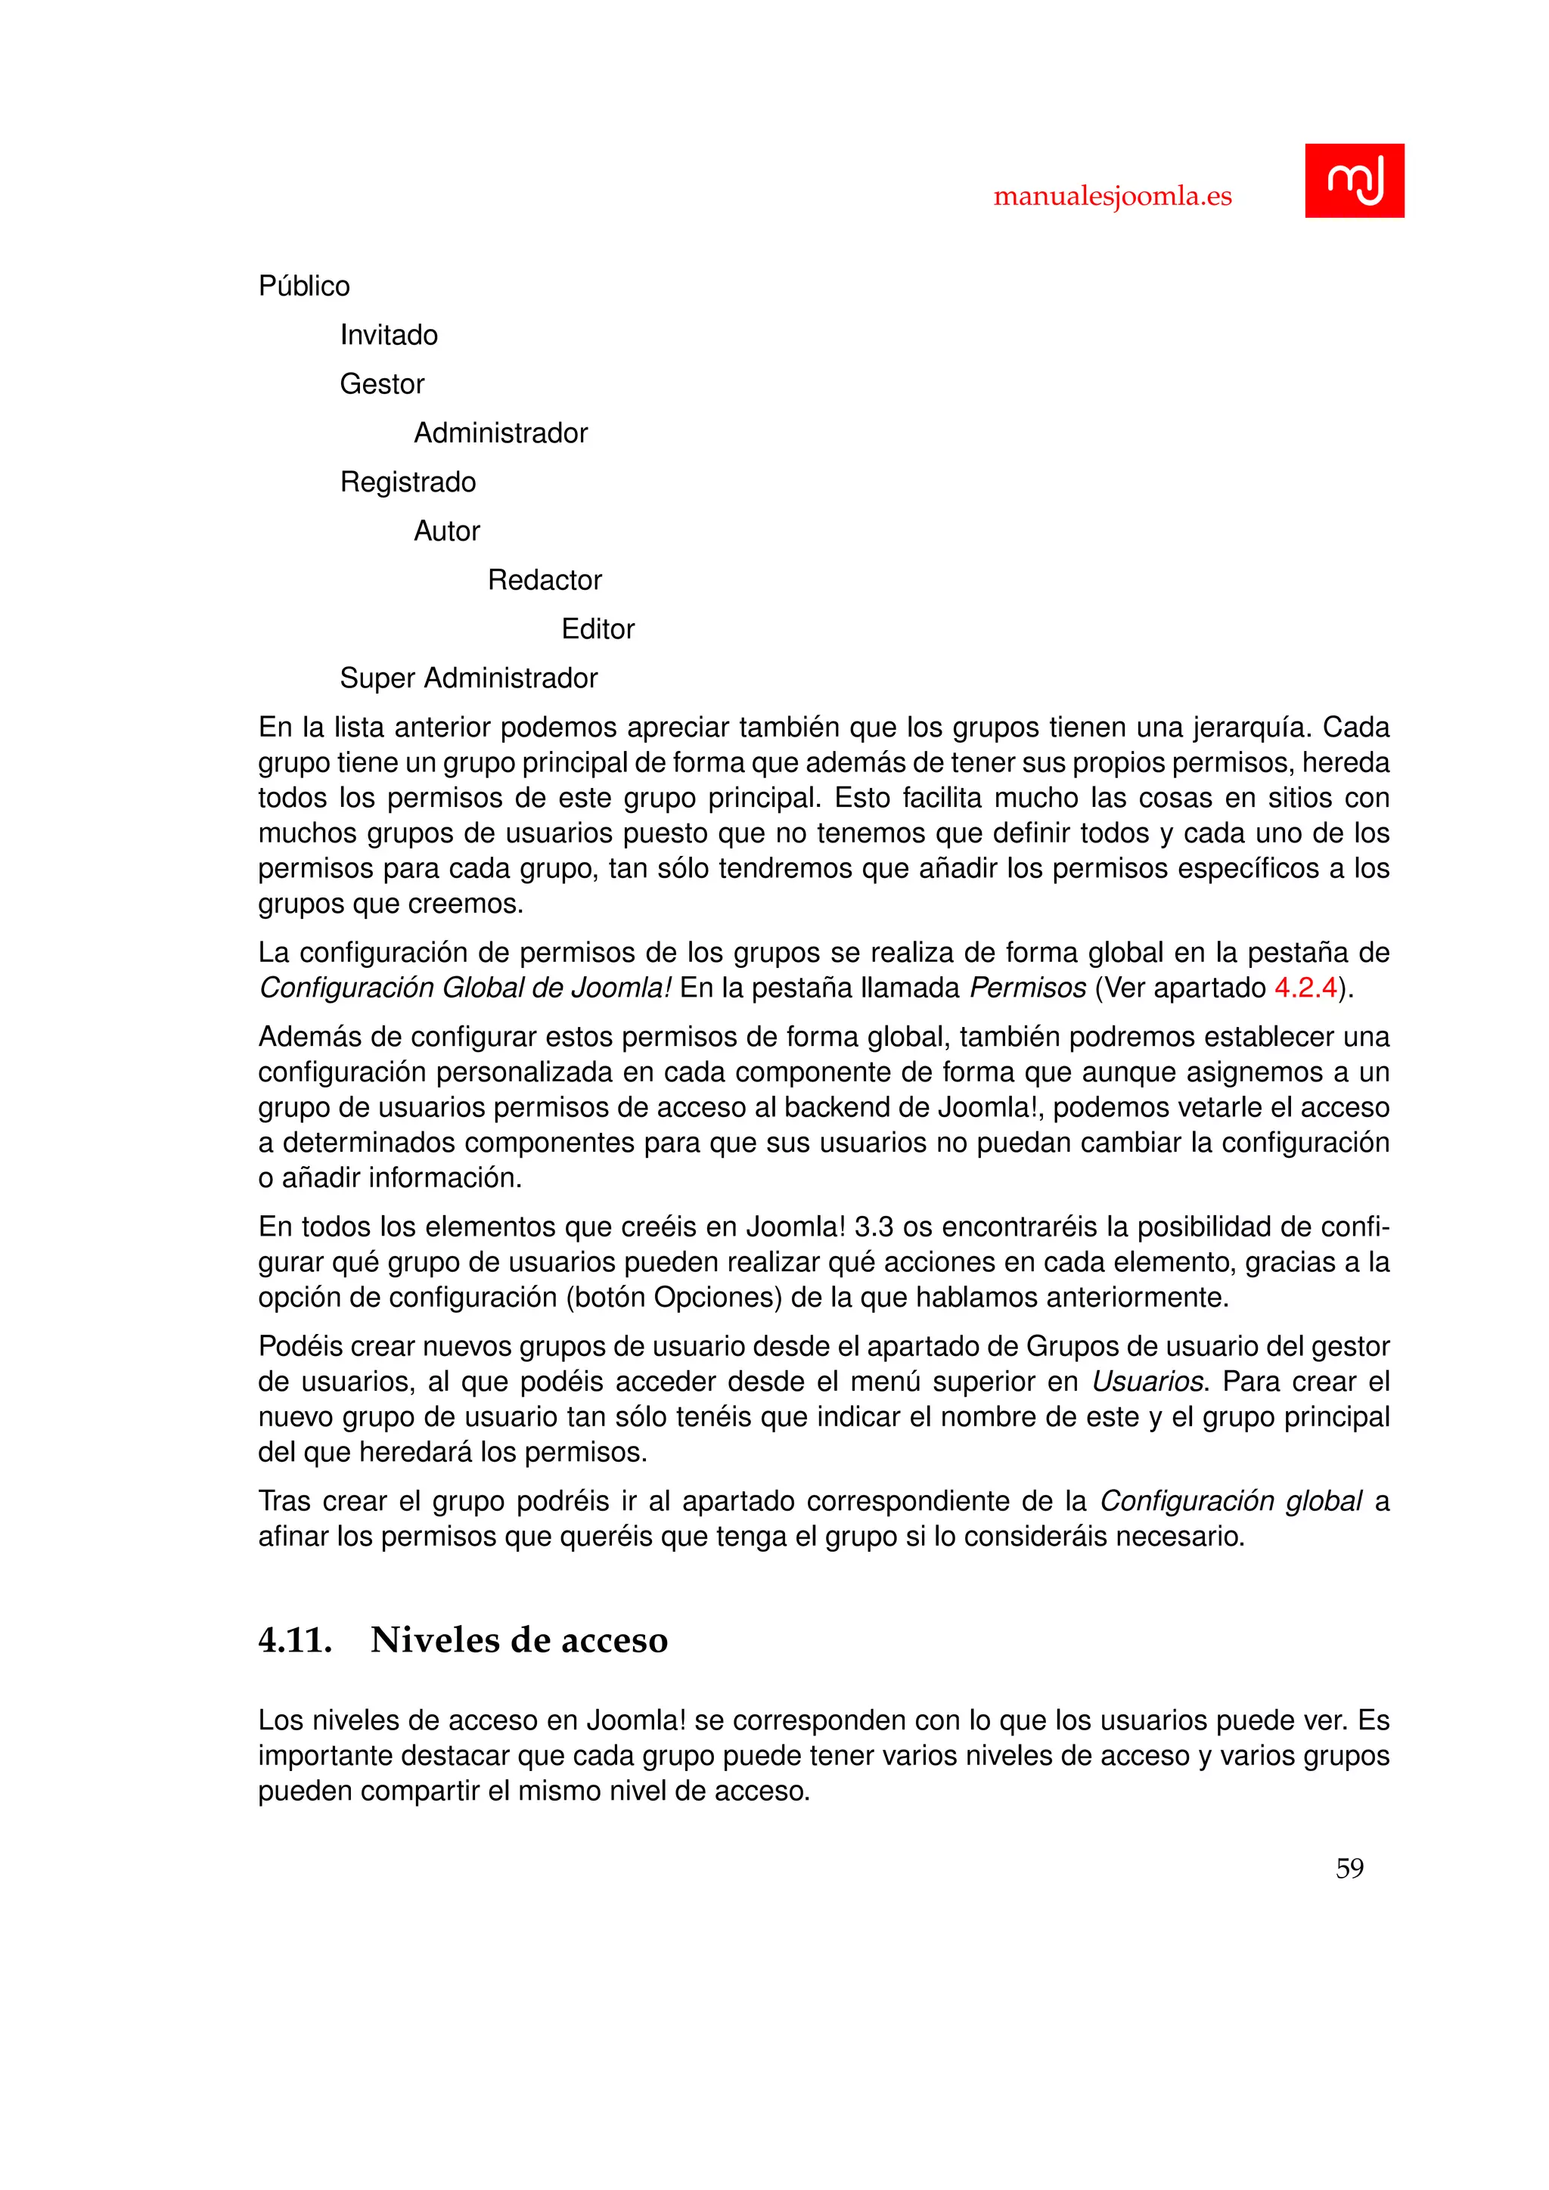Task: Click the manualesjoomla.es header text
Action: tap(1112, 197)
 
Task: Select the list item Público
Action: tap(304, 286)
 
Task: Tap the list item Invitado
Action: tap(388, 335)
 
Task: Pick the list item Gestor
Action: tap(381, 383)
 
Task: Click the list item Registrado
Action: tap(407, 482)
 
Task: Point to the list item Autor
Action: tap(446, 532)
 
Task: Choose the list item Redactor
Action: tap(545, 580)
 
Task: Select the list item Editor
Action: tap(597, 629)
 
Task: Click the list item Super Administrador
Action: tap(468, 678)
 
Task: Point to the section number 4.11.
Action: tap(295, 1639)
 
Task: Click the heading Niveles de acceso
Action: tap(519, 1639)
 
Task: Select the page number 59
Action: tap(1349, 1868)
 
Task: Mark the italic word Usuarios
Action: tap(1148, 1381)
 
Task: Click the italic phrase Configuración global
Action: tap(1231, 1501)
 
